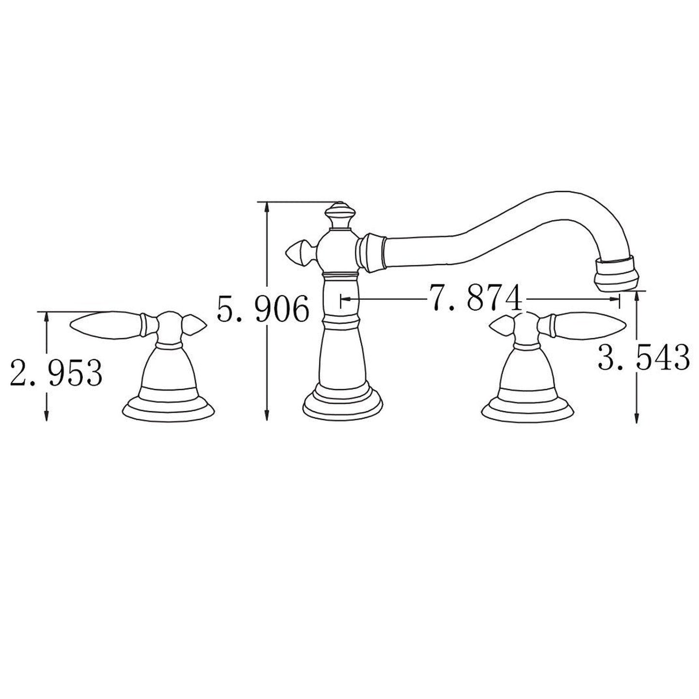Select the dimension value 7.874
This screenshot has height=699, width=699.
point(476,298)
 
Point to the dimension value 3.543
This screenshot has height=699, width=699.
point(643,357)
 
